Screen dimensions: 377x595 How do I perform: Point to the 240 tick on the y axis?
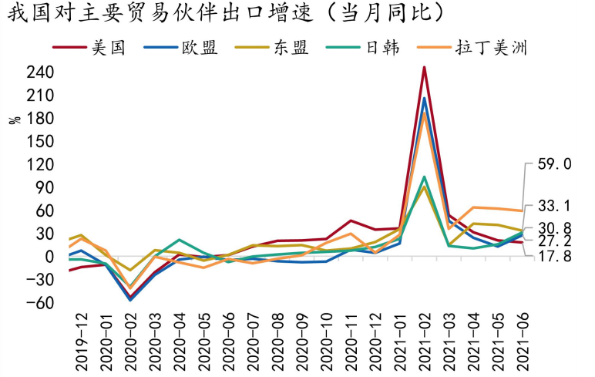[x=39, y=73]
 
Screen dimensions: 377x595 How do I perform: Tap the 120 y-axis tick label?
[x=39, y=165]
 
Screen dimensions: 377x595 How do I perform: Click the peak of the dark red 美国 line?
[x=424, y=67]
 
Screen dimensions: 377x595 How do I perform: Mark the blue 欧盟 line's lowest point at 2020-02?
[x=129, y=299]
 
